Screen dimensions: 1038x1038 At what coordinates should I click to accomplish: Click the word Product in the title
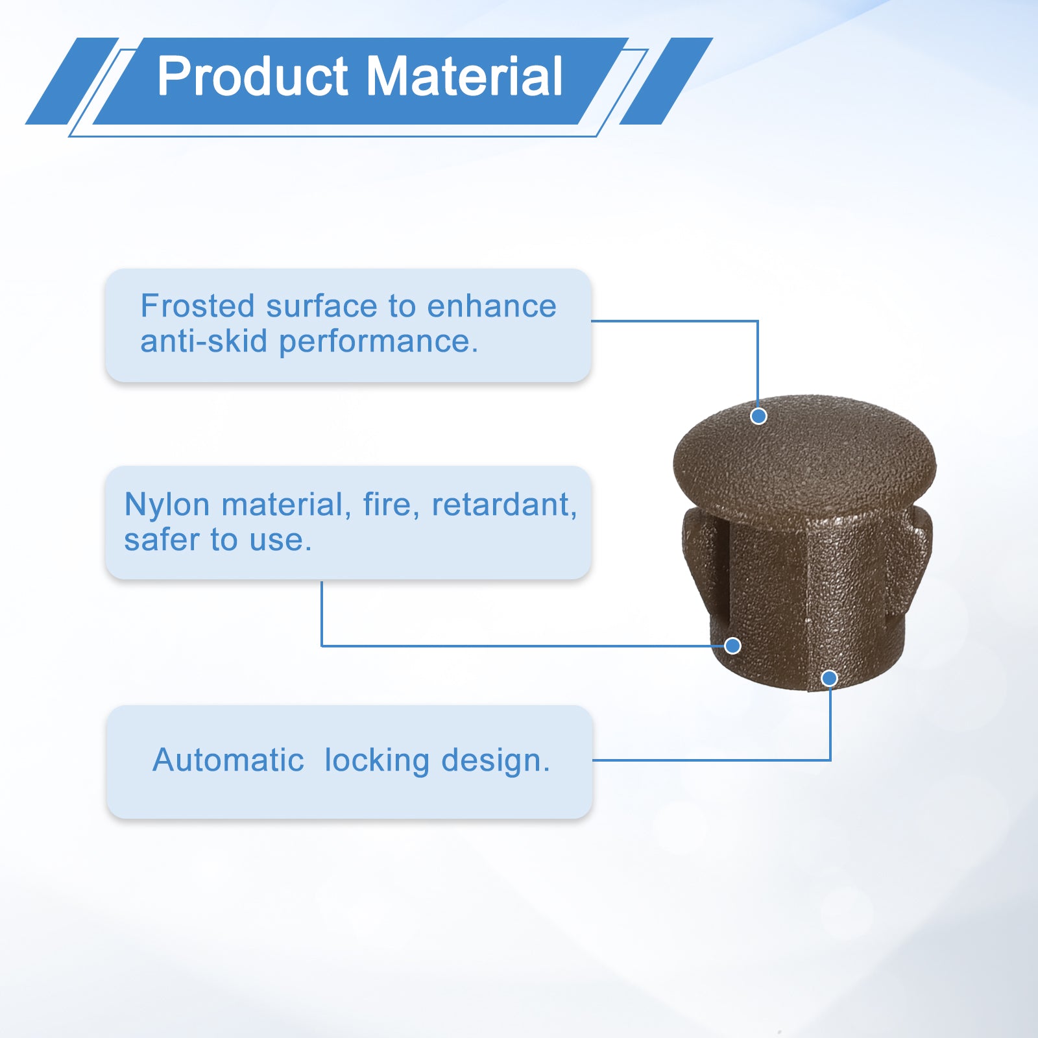click(253, 77)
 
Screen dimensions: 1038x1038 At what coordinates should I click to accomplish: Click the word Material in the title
click(465, 77)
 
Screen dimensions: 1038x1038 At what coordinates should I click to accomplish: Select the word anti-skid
click(204, 341)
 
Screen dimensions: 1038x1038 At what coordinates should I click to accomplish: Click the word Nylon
click(167, 505)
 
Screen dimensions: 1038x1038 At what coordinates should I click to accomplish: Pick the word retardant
click(504, 505)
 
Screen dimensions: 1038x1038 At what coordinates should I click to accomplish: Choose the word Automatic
click(228, 760)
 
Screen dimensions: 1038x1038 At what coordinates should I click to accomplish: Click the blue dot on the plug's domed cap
click(758, 416)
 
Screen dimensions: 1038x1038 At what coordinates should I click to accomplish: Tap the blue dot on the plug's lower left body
click(732, 646)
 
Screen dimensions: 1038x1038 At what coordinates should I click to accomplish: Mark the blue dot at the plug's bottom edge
click(829, 679)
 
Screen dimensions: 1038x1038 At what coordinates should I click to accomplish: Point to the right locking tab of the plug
click(910, 551)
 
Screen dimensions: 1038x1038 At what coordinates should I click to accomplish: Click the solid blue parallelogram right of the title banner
click(666, 81)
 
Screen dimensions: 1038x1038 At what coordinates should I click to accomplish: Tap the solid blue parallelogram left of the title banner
click(72, 81)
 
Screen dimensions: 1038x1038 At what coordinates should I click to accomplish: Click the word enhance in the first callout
click(491, 306)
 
